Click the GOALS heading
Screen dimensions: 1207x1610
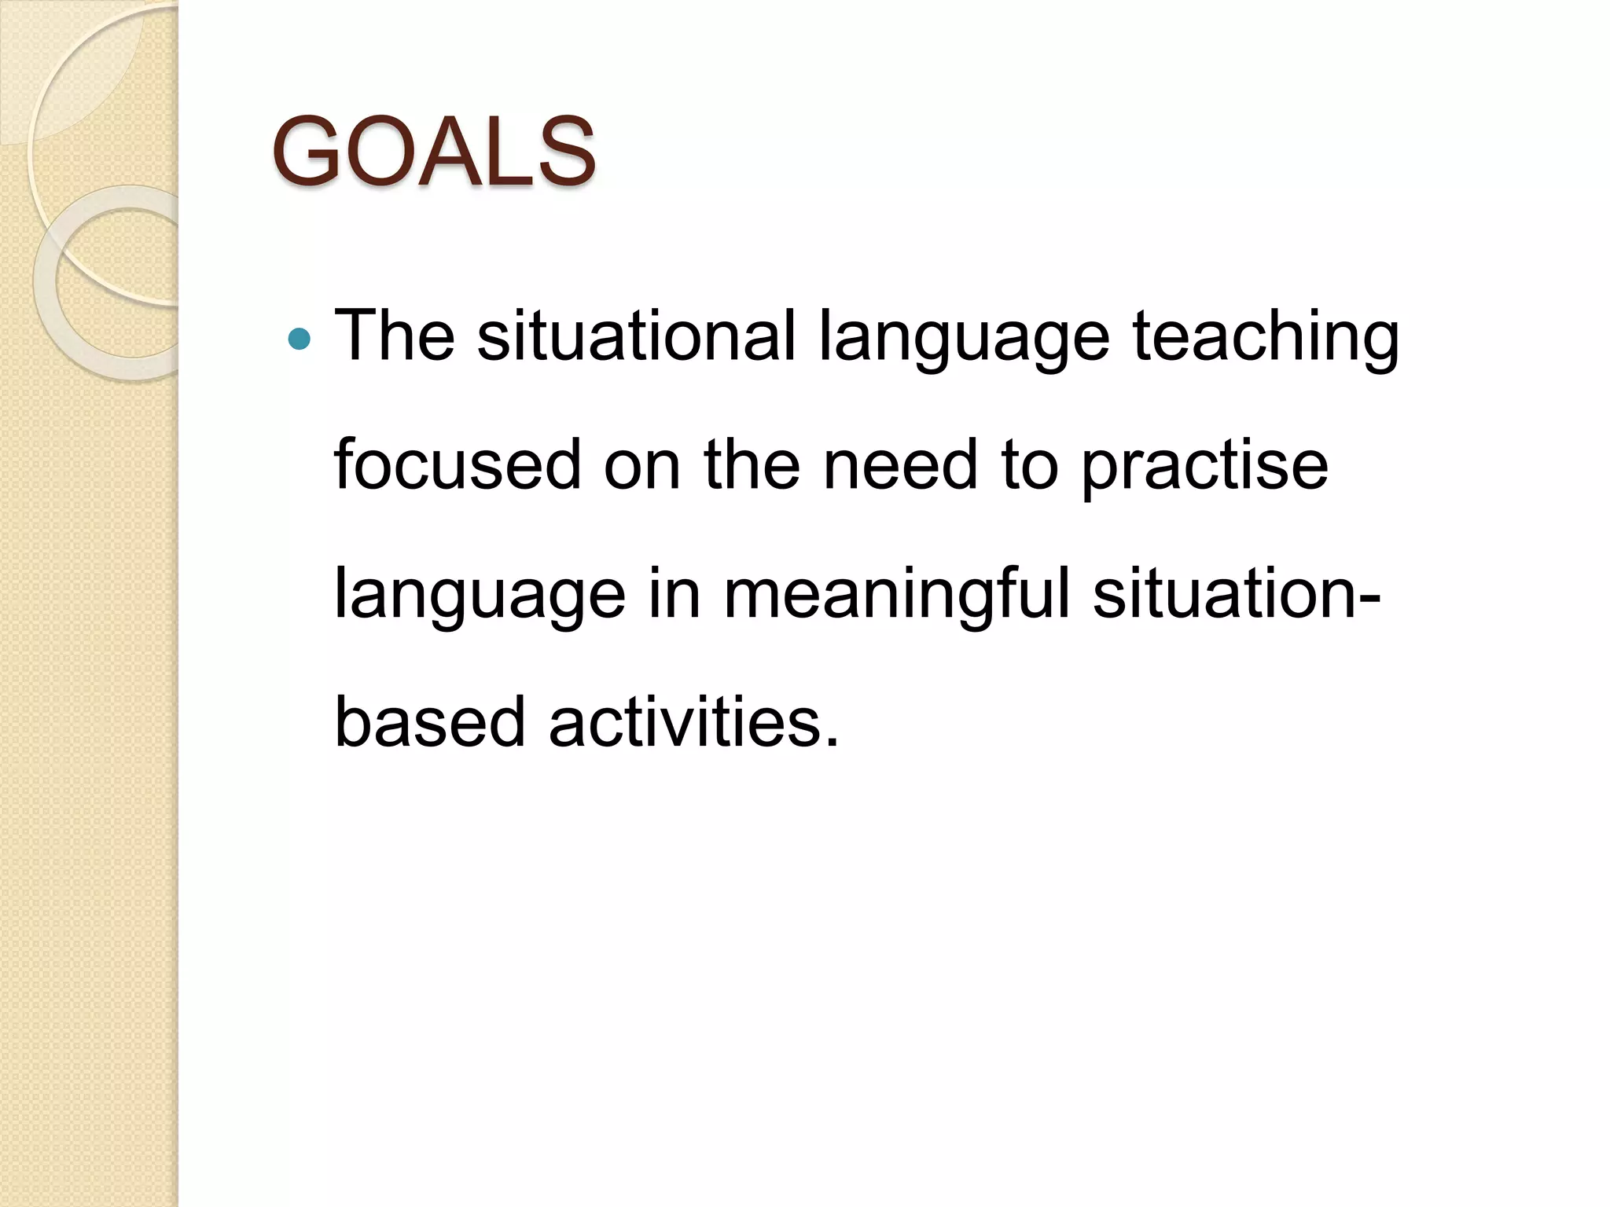click(x=433, y=152)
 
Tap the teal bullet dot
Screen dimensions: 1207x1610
click(x=300, y=339)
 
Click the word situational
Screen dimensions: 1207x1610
click(x=636, y=336)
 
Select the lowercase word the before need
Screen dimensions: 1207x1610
click(x=752, y=465)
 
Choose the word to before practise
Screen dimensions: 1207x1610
click(x=1029, y=467)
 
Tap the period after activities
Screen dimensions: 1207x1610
click(x=832, y=741)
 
